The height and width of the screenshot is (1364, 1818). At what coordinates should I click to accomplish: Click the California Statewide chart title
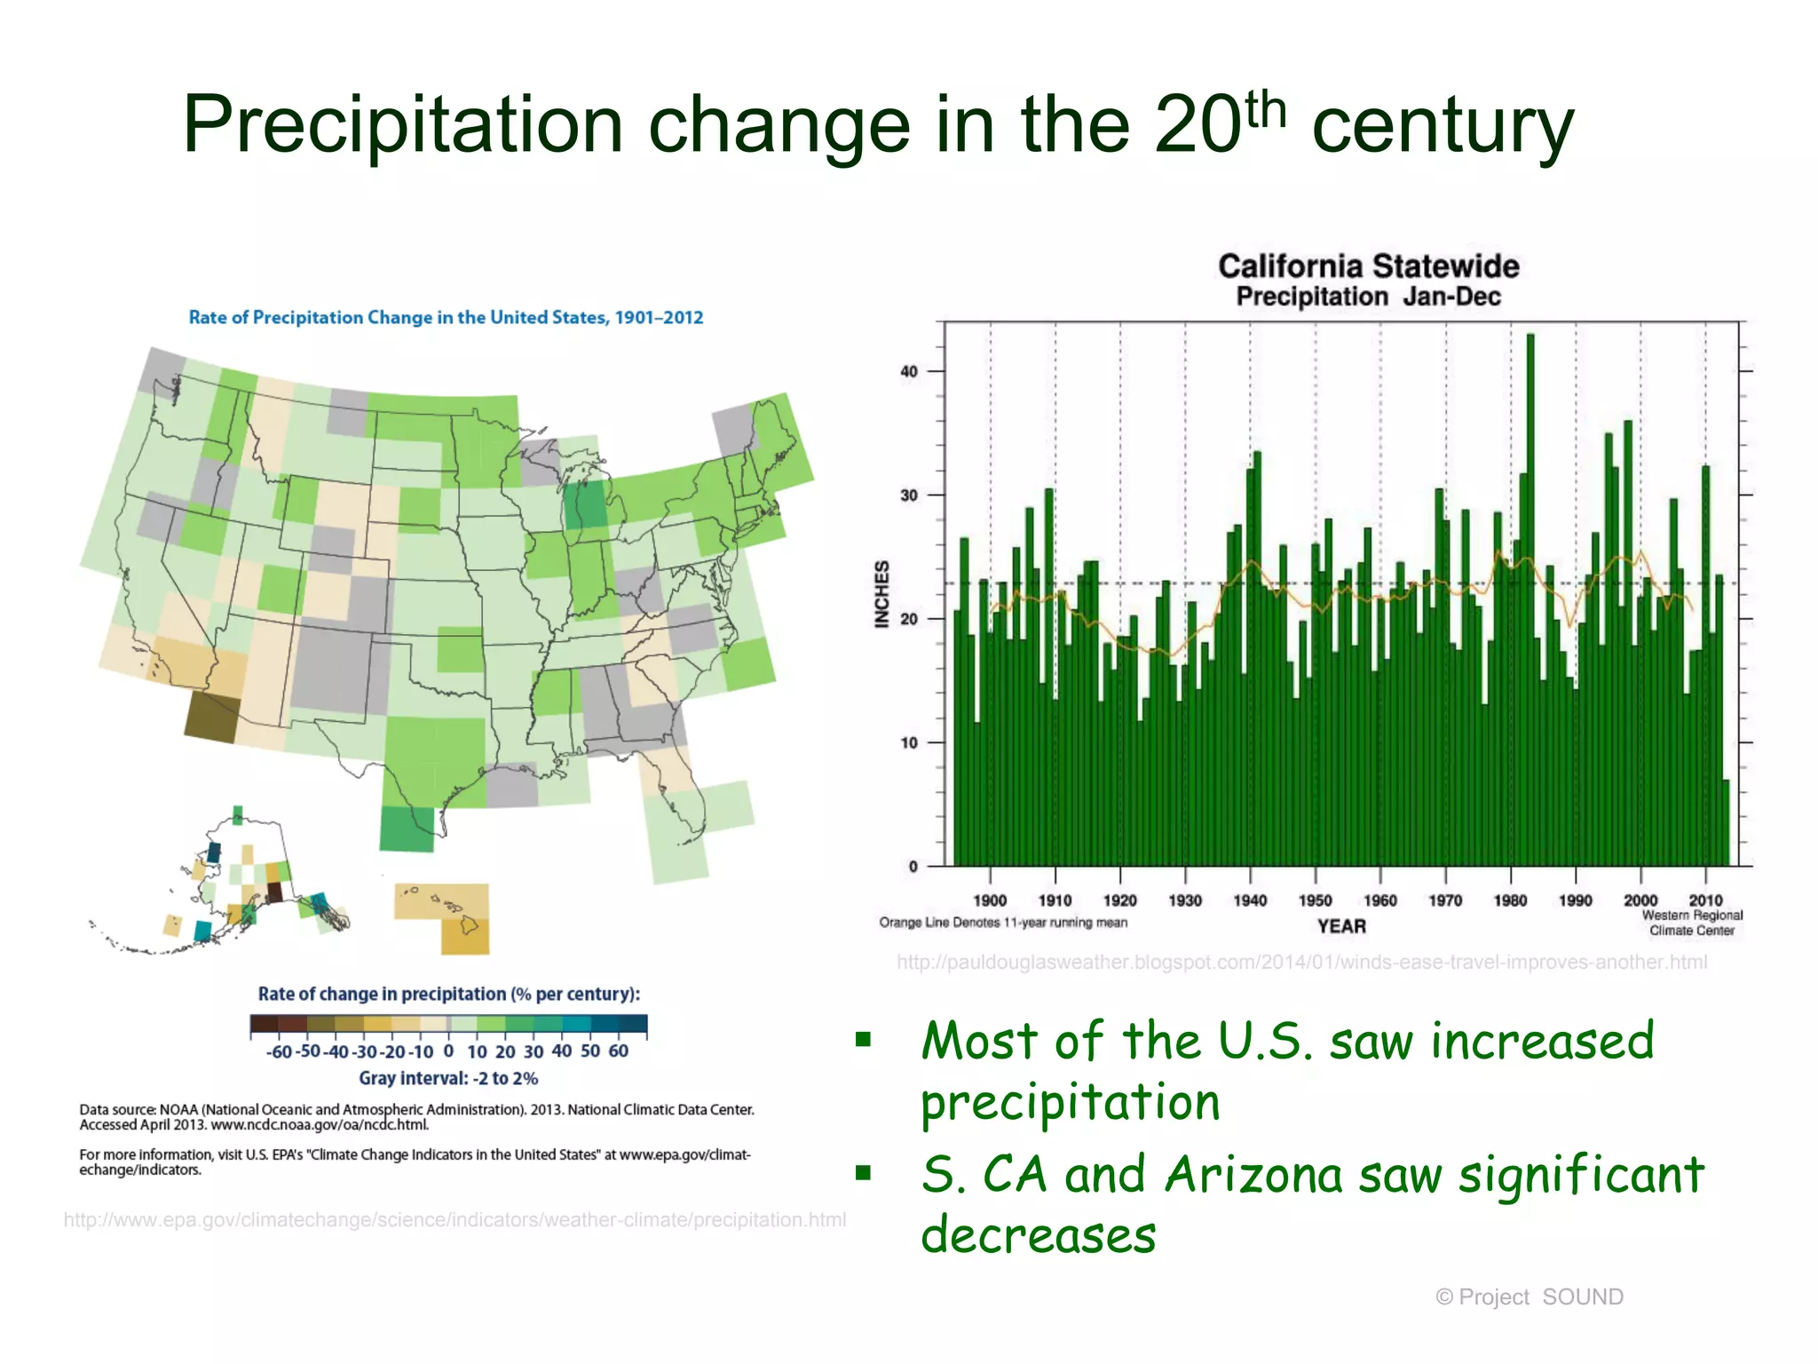(1368, 266)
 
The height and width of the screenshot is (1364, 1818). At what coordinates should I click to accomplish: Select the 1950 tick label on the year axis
(1315, 900)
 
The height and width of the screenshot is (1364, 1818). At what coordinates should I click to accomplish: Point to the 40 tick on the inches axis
(909, 372)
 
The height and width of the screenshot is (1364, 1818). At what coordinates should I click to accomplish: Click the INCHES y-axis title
(881, 594)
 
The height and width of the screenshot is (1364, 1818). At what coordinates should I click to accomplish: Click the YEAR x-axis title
(1341, 926)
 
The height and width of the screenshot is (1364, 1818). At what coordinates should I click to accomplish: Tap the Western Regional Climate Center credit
(1692, 923)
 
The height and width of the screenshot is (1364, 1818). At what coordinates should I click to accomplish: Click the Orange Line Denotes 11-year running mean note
(1003, 923)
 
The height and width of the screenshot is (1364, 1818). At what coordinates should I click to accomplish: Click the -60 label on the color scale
(279, 1052)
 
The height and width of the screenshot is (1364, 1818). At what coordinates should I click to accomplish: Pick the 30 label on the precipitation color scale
(534, 1052)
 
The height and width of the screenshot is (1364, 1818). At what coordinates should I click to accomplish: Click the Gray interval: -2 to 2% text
(448, 1078)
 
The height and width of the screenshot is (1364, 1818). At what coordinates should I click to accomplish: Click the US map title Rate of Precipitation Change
(446, 318)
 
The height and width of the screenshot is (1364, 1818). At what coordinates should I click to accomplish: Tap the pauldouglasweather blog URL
(1301, 963)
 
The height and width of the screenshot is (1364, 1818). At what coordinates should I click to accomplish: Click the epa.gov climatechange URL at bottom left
(454, 1220)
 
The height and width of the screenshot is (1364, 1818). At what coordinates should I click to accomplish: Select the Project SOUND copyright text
(1529, 1297)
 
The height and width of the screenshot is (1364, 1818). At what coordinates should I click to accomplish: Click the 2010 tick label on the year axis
(1705, 900)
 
